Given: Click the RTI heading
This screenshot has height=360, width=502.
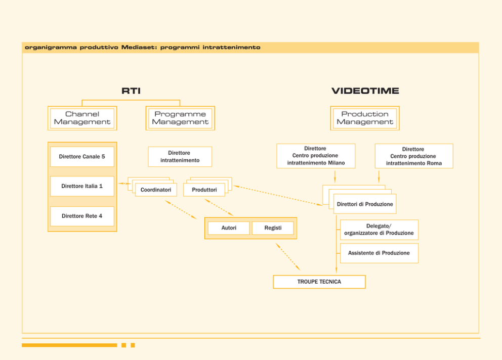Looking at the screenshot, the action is pos(131,91).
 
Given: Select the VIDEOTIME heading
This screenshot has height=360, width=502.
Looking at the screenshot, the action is pos(365,91).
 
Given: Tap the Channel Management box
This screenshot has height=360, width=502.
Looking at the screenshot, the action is pos(82,118).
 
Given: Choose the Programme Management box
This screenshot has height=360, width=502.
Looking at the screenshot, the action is pos(180,118).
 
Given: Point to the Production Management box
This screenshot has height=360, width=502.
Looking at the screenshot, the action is pos(365,118).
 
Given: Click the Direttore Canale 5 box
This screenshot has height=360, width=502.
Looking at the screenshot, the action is pos(82,156).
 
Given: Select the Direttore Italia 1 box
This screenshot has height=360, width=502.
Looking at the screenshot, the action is pos(82,186).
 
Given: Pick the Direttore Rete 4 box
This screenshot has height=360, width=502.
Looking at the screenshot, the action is pos(82,216).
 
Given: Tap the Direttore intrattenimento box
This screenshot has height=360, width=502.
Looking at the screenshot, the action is pos(180,156).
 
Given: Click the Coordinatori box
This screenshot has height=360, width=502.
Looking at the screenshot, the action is pos(156,190).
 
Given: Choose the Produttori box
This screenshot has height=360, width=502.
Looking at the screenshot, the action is pos(204,190).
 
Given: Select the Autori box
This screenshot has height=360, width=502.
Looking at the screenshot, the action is pos(229,228).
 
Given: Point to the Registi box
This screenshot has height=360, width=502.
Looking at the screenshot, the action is pos(273,228).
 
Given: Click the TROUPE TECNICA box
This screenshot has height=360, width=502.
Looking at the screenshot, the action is pos(319,282).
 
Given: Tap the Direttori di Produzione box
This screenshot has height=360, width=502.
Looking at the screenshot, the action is pos(365,204).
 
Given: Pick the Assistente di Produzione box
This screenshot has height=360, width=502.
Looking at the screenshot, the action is pos(379,253).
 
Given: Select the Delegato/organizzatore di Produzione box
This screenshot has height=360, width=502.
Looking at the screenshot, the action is pos(379,230).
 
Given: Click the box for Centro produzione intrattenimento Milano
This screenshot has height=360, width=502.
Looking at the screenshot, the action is pos(316,156).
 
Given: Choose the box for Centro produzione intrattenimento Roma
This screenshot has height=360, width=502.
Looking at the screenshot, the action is pos(414,156).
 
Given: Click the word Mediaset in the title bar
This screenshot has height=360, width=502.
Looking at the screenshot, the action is pos(139,48).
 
